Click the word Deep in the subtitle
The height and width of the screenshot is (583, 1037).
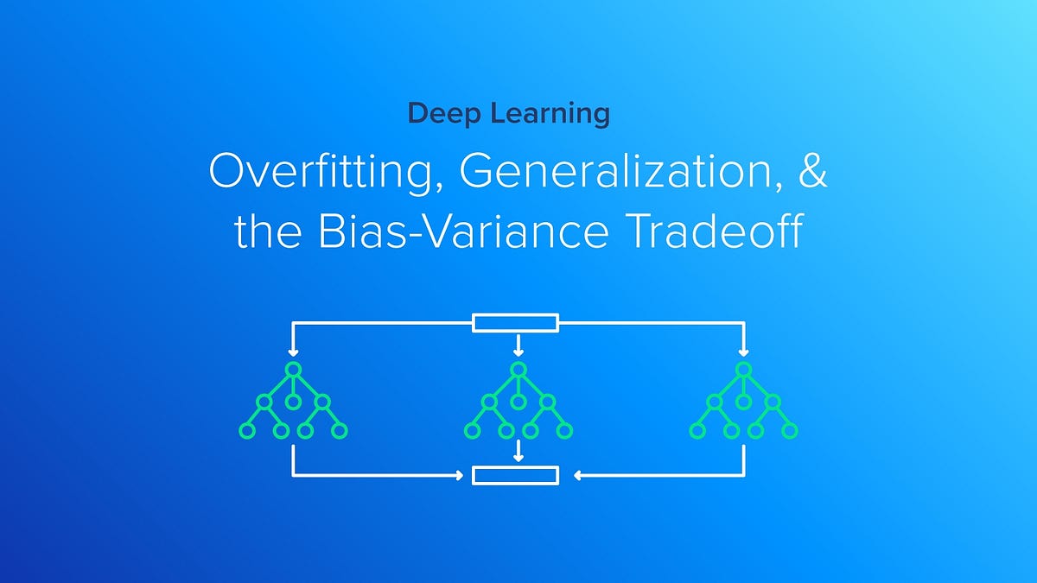[x=438, y=114]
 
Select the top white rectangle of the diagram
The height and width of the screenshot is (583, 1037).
[x=515, y=324]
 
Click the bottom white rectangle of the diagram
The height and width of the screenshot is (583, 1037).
[x=515, y=475]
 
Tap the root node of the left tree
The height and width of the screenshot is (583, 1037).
[x=293, y=370]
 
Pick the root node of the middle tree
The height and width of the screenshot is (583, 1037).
[x=518, y=370]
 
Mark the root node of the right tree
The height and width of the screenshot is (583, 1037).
[x=744, y=370]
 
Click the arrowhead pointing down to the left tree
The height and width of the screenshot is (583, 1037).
[x=293, y=352]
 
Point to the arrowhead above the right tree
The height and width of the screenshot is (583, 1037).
[x=744, y=352]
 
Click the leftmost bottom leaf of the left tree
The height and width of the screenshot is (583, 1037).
[x=246, y=429]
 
